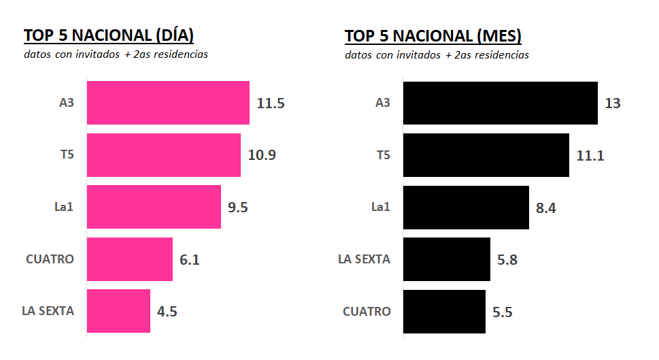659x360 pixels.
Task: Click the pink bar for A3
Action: pyautogui.click(x=168, y=103)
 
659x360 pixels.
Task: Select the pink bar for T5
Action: pyautogui.click(x=164, y=155)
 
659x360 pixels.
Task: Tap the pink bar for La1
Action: pyautogui.click(x=154, y=207)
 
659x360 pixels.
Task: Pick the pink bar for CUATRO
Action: pyautogui.click(x=130, y=259)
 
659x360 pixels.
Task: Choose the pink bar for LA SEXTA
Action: pyautogui.click(x=118, y=311)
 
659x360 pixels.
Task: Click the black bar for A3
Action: pyautogui.click(x=501, y=103)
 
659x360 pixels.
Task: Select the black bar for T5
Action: pyautogui.click(x=486, y=155)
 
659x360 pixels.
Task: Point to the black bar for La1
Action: pyautogui.click(x=466, y=207)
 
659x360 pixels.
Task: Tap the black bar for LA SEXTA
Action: pyautogui.click(x=447, y=259)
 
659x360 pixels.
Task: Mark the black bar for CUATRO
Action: pyautogui.click(x=445, y=311)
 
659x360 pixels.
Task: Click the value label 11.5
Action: pyautogui.click(x=271, y=103)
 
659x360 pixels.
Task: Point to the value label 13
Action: pyautogui.click(x=612, y=103)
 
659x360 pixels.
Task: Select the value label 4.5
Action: pyautogui.click(x=167, y=312)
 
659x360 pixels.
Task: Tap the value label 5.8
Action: pyautogui.click(x=507, y=260)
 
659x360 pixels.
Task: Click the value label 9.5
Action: pyautogui.click(x=238, y=208)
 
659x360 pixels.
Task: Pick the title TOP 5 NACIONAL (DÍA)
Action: pyautogui.click(x=109, y=36)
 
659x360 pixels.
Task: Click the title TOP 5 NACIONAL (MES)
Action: pyautogui.click(x=433, y=36)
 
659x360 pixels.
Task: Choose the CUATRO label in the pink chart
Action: pyautogui.click(x=50, y=259)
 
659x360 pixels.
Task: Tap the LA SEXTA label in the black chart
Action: pyautogui.click(x=365, y=259)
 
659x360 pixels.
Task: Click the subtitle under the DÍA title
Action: pyautogui.click(x=116, y=54)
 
